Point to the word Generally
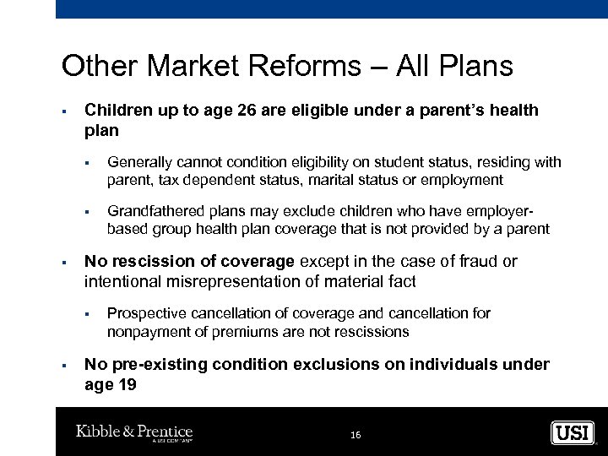click(x=139, y=162)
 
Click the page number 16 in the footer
click(x=355, y=435)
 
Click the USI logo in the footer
click(x=573, y=433)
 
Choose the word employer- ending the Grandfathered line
click(x=504, y=211)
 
